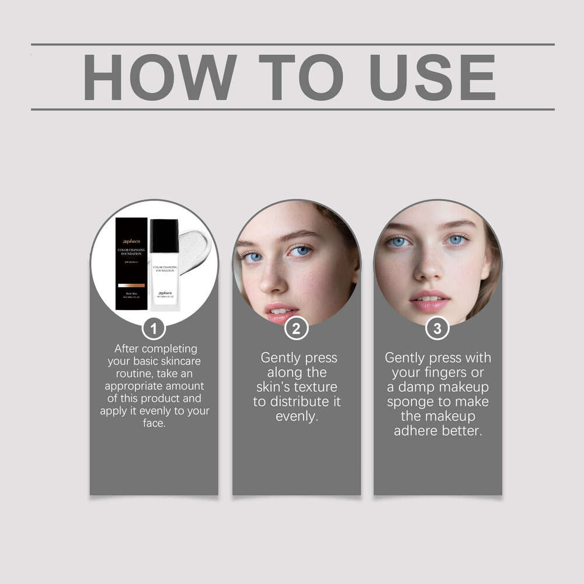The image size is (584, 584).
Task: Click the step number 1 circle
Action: [154, 329]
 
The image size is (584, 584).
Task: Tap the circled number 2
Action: [296, 329]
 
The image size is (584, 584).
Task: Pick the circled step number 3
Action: [437, 329]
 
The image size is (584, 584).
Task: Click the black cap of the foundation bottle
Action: [164, 235]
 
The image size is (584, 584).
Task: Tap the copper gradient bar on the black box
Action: [131, 286]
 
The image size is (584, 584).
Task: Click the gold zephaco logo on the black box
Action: [131, 241]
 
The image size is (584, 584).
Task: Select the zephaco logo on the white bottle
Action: [164, 294]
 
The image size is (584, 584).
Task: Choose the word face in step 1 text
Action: [154, 423]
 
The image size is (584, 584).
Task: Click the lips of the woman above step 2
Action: [280, 311]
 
